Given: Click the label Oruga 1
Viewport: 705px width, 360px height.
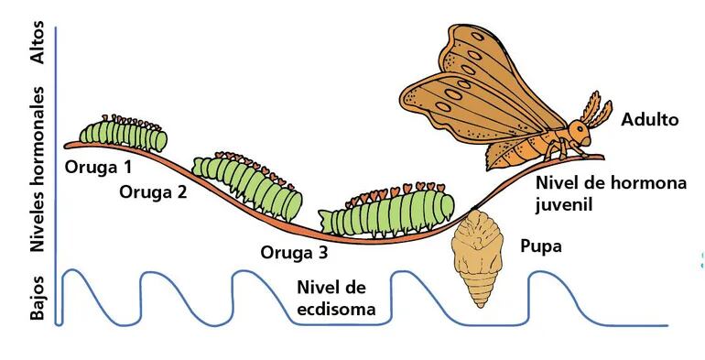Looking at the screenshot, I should click(x=98, y=168).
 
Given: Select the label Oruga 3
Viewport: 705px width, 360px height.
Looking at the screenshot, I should click(x=293, y=252).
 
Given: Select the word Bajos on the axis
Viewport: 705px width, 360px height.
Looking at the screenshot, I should click(x=38, y=297).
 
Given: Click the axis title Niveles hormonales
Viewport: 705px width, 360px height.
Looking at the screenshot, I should click(x=38, y=169).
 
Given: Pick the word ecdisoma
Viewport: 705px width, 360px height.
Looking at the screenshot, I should click(x=337, y=309).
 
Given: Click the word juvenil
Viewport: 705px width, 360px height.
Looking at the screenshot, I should click(x=564, y=203).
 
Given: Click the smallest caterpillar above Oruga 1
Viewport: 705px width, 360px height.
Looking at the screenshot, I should click(x=124, y=135).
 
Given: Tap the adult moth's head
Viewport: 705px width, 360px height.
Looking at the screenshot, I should click(x=578, y=133).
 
